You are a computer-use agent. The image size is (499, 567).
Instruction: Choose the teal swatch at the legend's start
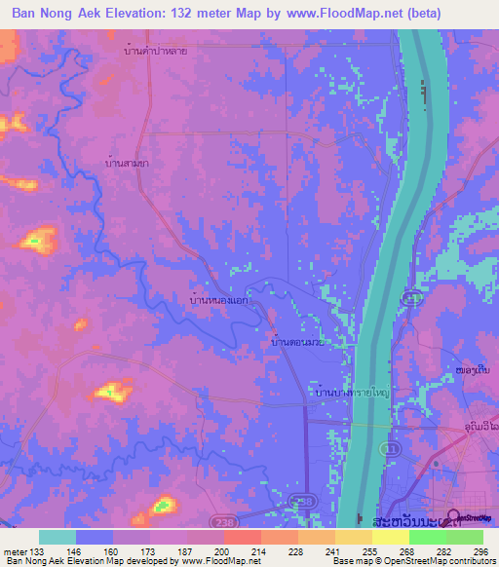58,537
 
